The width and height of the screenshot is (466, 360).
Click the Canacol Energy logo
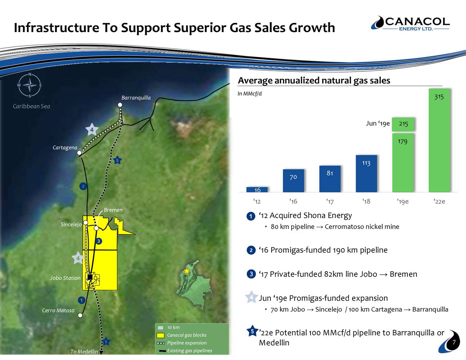coord(410,23)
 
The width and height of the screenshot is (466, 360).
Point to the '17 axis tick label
coord(330,202)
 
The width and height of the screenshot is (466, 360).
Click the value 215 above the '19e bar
coord(403,124)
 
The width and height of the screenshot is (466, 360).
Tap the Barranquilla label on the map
coord(136,98)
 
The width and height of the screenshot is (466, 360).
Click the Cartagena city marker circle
coord(79,153)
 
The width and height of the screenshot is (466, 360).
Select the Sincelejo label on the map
coord(71,225)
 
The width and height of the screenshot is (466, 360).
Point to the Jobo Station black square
coord(90,277)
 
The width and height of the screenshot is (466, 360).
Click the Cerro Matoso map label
coord(58,310)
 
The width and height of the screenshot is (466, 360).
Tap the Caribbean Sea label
coord(31,106)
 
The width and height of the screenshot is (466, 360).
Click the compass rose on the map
coord(30,86)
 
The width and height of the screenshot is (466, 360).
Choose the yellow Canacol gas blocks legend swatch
coord(161,335)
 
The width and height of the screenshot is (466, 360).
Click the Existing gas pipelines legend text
coord(189,351)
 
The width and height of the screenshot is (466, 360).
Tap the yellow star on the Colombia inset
coord(187,271)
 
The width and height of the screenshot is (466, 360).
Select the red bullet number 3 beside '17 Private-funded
coord(251,274)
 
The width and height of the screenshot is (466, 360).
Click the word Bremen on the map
coord(113,210)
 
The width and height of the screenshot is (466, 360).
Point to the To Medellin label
coord(84,352)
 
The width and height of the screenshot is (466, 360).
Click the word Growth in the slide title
coord(312,28)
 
